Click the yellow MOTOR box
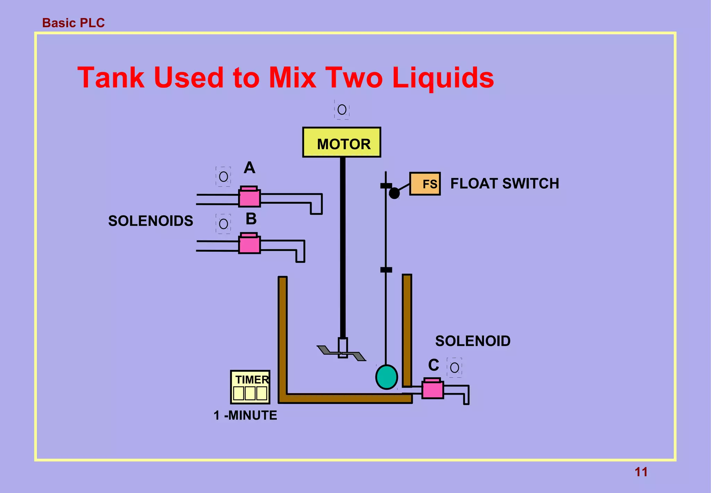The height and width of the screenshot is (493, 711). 342,143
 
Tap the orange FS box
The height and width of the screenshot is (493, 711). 425,184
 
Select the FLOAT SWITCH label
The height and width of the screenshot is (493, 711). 504,184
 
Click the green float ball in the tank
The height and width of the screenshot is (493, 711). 386,377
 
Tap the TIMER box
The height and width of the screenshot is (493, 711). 250,387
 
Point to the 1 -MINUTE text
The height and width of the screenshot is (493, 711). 245,415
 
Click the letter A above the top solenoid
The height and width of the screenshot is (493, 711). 249,168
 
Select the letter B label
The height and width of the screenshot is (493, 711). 251,219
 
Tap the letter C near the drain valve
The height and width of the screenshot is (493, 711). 434,365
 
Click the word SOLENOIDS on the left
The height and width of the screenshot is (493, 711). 151,221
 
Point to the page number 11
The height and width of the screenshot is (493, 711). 641,472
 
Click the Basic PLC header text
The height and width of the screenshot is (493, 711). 73,23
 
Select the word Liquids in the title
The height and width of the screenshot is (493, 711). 443,78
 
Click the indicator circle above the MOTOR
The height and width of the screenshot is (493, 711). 342,110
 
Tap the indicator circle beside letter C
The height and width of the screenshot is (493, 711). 454,367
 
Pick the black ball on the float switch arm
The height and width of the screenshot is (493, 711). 394,193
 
